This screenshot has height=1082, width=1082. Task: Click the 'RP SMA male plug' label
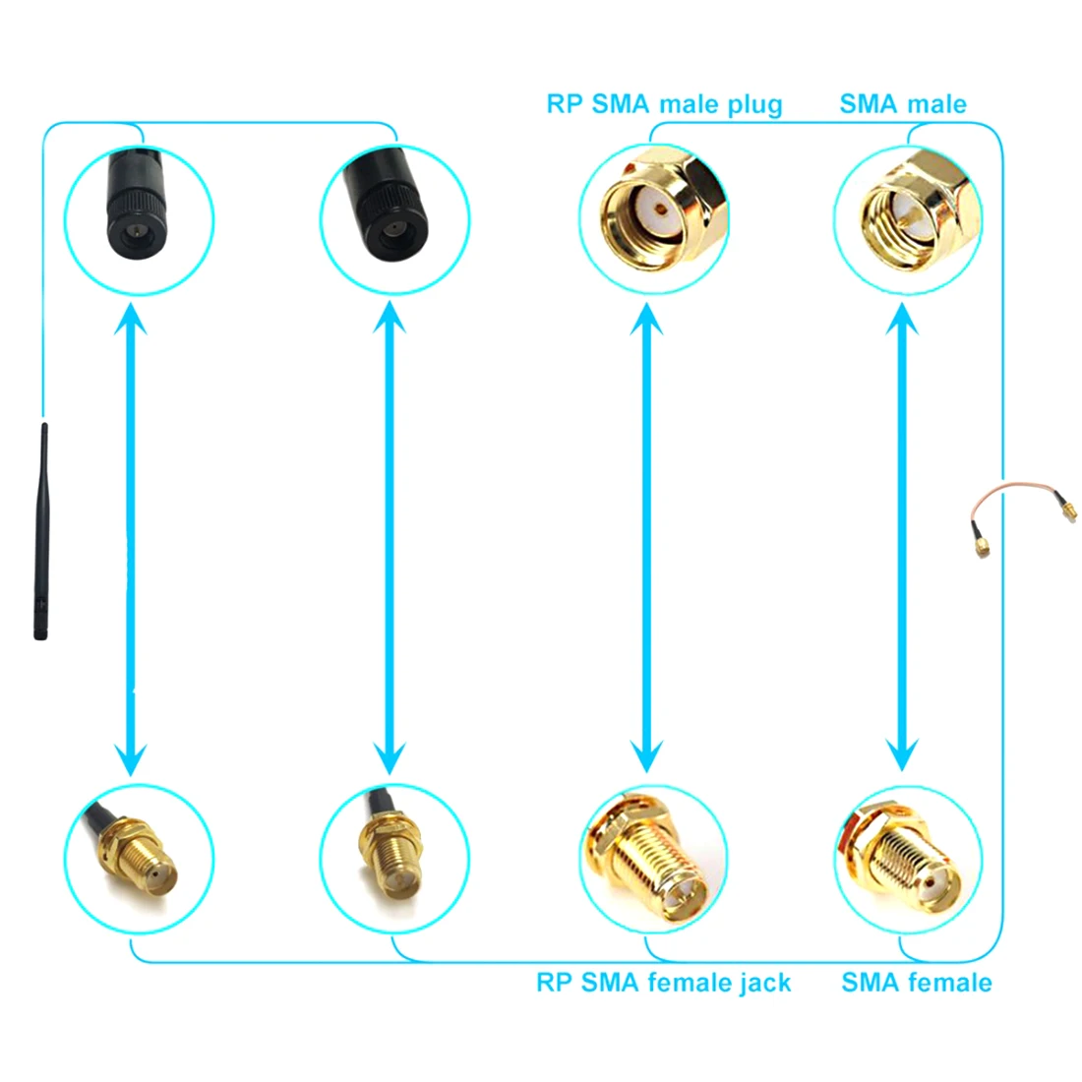click(664, 104)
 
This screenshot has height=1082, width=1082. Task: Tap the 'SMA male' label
click(903, 104)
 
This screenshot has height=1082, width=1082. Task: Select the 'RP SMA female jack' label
click(663, 983)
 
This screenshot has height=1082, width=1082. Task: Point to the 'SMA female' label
click(916, 983)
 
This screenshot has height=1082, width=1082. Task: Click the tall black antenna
click(41, 531)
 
